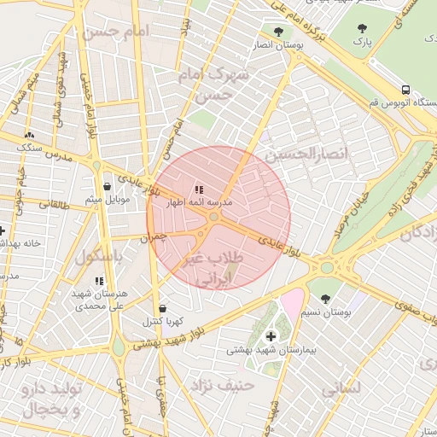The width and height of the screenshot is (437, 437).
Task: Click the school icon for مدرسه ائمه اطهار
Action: [x=199, y=189]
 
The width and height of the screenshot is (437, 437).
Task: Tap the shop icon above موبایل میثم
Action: [x=107, y=186]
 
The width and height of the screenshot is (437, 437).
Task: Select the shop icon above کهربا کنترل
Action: [x=162, y=308]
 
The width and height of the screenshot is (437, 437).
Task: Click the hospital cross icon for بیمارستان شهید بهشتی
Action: [x=271, y=336]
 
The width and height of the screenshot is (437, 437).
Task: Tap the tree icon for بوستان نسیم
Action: [x=325, y=299]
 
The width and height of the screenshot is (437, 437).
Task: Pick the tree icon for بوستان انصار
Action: [x=278, y=32]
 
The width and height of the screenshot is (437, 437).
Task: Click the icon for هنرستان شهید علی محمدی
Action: [x=99, y=280]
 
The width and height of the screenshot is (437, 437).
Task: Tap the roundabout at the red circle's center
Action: [x=213, y=218]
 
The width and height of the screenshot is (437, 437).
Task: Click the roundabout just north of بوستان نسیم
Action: [x=326, y=267]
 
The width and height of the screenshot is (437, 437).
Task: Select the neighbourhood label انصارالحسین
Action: [x=308, y=154]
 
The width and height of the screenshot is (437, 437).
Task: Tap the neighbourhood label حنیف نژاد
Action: [x=224, y=385]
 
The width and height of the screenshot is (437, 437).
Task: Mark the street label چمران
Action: [x=157, y=240]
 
